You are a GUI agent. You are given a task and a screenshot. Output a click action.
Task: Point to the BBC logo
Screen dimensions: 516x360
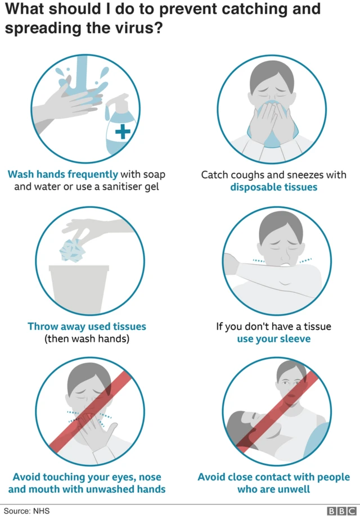338,510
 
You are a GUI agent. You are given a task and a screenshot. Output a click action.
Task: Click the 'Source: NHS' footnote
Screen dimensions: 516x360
25,510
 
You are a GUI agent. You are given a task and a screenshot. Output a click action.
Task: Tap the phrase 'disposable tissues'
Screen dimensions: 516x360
273,187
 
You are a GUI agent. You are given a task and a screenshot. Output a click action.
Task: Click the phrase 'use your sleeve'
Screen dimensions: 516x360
273,339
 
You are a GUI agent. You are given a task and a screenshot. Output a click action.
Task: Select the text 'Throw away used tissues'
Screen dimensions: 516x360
87,326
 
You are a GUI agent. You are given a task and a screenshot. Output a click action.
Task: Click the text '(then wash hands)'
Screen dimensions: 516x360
87,339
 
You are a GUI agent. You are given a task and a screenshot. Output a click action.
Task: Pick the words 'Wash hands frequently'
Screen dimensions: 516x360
63,174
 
